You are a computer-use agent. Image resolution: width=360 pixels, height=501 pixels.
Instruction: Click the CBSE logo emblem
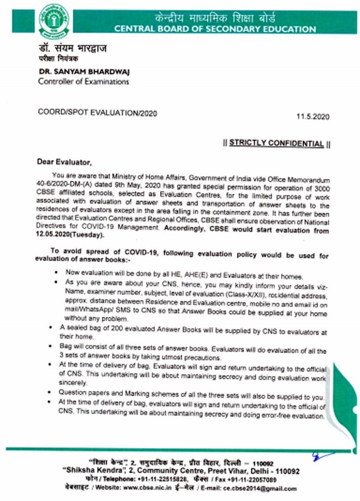pyautogui.click(x=54, y=21)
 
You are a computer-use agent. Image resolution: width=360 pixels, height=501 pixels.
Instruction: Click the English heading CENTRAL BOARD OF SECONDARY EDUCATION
pyautogui.click(x=215, y=29)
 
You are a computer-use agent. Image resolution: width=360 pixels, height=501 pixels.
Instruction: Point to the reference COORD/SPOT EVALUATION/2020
pyautogui.click(x=97, y=113)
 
